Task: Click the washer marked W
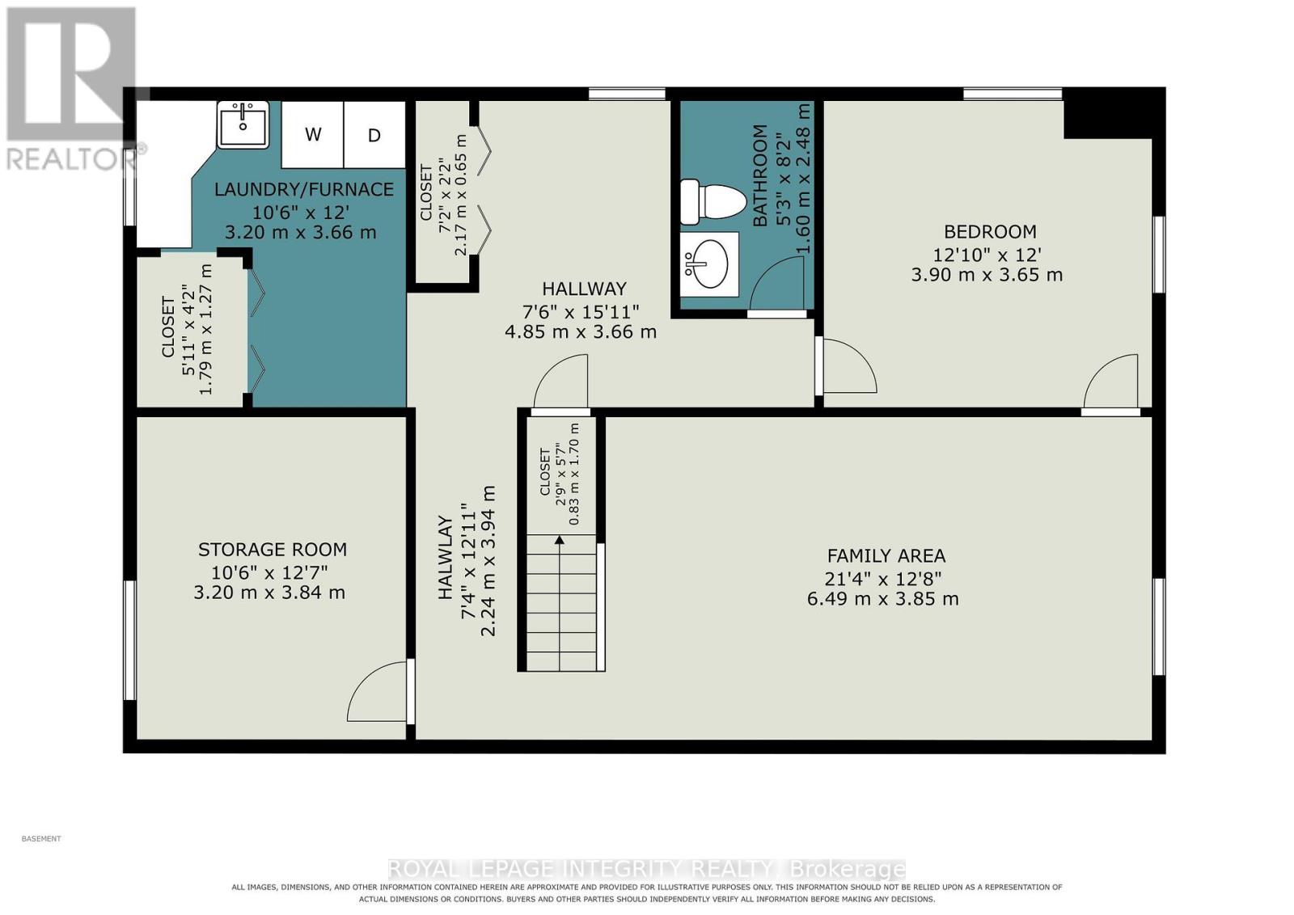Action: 312,134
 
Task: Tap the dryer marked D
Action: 374,134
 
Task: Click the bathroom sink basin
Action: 710,264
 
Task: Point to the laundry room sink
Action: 243,124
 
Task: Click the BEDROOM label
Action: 990,231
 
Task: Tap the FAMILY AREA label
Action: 886,556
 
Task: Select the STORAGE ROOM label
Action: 273,550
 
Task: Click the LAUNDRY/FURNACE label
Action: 304,189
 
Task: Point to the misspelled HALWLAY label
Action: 445,558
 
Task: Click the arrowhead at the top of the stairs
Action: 559,540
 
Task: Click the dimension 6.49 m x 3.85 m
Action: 882,599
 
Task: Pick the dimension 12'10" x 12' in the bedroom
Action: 987,255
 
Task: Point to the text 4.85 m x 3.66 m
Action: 581,332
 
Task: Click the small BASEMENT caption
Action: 41,839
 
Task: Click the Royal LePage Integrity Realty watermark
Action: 646,869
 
